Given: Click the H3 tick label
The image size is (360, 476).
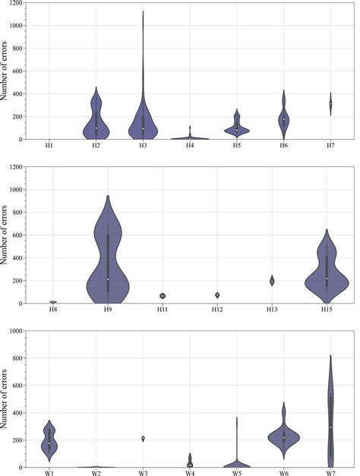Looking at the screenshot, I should coord(143,145).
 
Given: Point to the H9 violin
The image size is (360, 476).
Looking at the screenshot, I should coord(108,258).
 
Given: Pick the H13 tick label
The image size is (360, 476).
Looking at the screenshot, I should coord(271,309).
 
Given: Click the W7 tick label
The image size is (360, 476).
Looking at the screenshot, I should coord(330,473).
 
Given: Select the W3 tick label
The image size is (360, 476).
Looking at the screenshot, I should coord(144,473).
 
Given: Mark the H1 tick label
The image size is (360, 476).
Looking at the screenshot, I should coord(49,145).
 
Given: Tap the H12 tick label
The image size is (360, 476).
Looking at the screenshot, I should coord(216,309).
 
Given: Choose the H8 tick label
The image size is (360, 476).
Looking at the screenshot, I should coord(53,309).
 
